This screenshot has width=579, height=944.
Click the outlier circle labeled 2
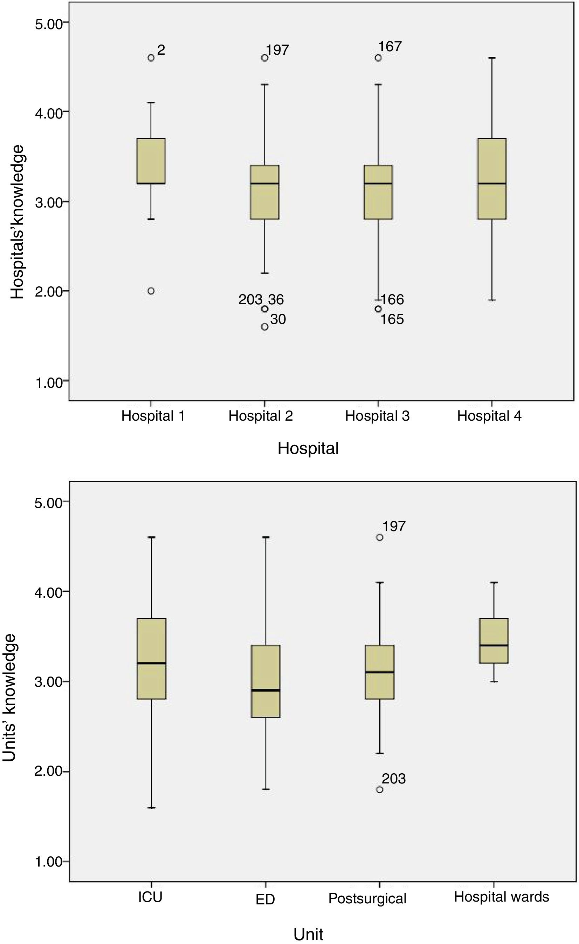pyautogui.click(x=151, y=58)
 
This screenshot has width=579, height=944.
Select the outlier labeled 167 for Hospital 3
pyautogui.click(x=378, y=58)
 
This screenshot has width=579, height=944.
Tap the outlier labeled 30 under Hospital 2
pyautogui.click(x=264, y=327)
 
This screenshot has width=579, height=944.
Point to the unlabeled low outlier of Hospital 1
pyautogui.click(x=151, y=291)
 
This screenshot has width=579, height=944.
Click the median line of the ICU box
pyautogui.click(x=152, y=663)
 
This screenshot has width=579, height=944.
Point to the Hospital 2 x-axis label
pyautogui.click(x=261, y=416)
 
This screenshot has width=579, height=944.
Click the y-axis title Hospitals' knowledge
pyautogui.click(x=17, y=222)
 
